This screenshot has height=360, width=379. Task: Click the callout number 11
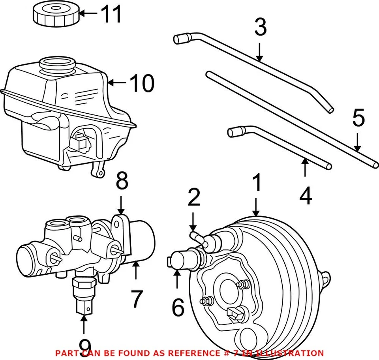[x=111, y=14]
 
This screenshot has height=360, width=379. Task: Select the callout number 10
[x=142, y=83]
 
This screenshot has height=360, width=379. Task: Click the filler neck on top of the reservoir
[x=57, y=64]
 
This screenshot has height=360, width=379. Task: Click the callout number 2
[x=194, y=198]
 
